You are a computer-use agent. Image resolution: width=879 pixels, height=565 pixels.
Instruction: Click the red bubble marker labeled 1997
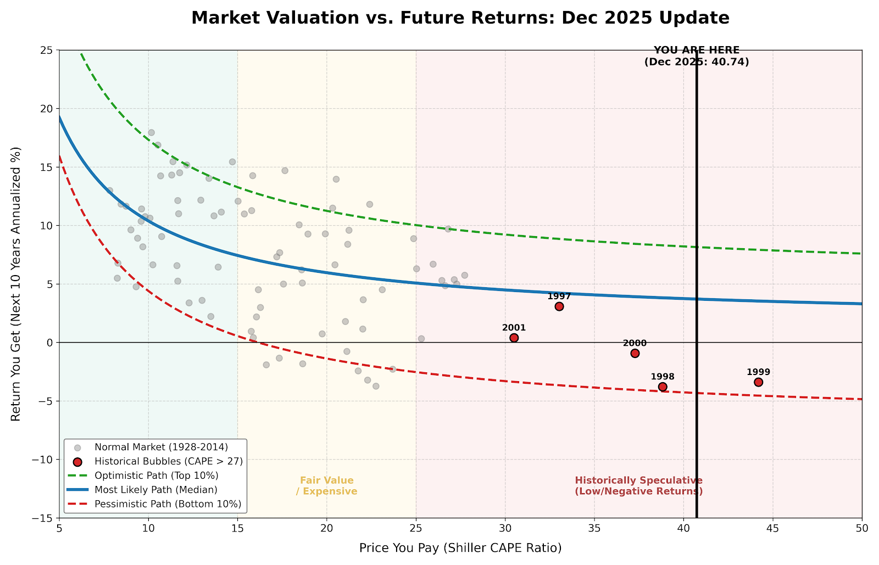pos(559,306)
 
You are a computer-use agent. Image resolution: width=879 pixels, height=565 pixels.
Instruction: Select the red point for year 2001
pos(514,338)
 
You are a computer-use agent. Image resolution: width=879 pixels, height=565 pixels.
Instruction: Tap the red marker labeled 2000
pos(635,353)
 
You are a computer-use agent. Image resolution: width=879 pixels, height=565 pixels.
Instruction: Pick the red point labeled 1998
pos(663,387)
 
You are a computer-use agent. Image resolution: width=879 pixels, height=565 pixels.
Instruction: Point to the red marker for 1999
pos(759,382)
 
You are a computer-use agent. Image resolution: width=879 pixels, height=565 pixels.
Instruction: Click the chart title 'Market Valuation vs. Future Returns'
pos(460,18)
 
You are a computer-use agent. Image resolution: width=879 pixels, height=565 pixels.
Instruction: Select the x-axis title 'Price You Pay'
pos(460,548)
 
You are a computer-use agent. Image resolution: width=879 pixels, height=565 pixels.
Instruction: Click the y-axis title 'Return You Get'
pos(16,284)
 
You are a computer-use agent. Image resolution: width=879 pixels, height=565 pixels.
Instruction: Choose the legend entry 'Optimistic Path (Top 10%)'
pos(157,475)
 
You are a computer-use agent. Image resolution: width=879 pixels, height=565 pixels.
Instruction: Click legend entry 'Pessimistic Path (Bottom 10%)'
pos(168,504)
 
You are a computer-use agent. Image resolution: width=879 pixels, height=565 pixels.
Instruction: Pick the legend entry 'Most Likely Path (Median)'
pos(156,489)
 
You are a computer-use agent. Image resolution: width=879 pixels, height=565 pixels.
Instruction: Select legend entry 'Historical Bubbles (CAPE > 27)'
pos(168,461)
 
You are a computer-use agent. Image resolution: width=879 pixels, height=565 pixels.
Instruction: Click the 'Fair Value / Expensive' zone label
pos(327,486)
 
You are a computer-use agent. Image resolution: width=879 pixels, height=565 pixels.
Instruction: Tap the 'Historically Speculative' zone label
pos(639,486)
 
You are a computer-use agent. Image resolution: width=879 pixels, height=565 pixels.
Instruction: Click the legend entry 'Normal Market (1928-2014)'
pos(161,447)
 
